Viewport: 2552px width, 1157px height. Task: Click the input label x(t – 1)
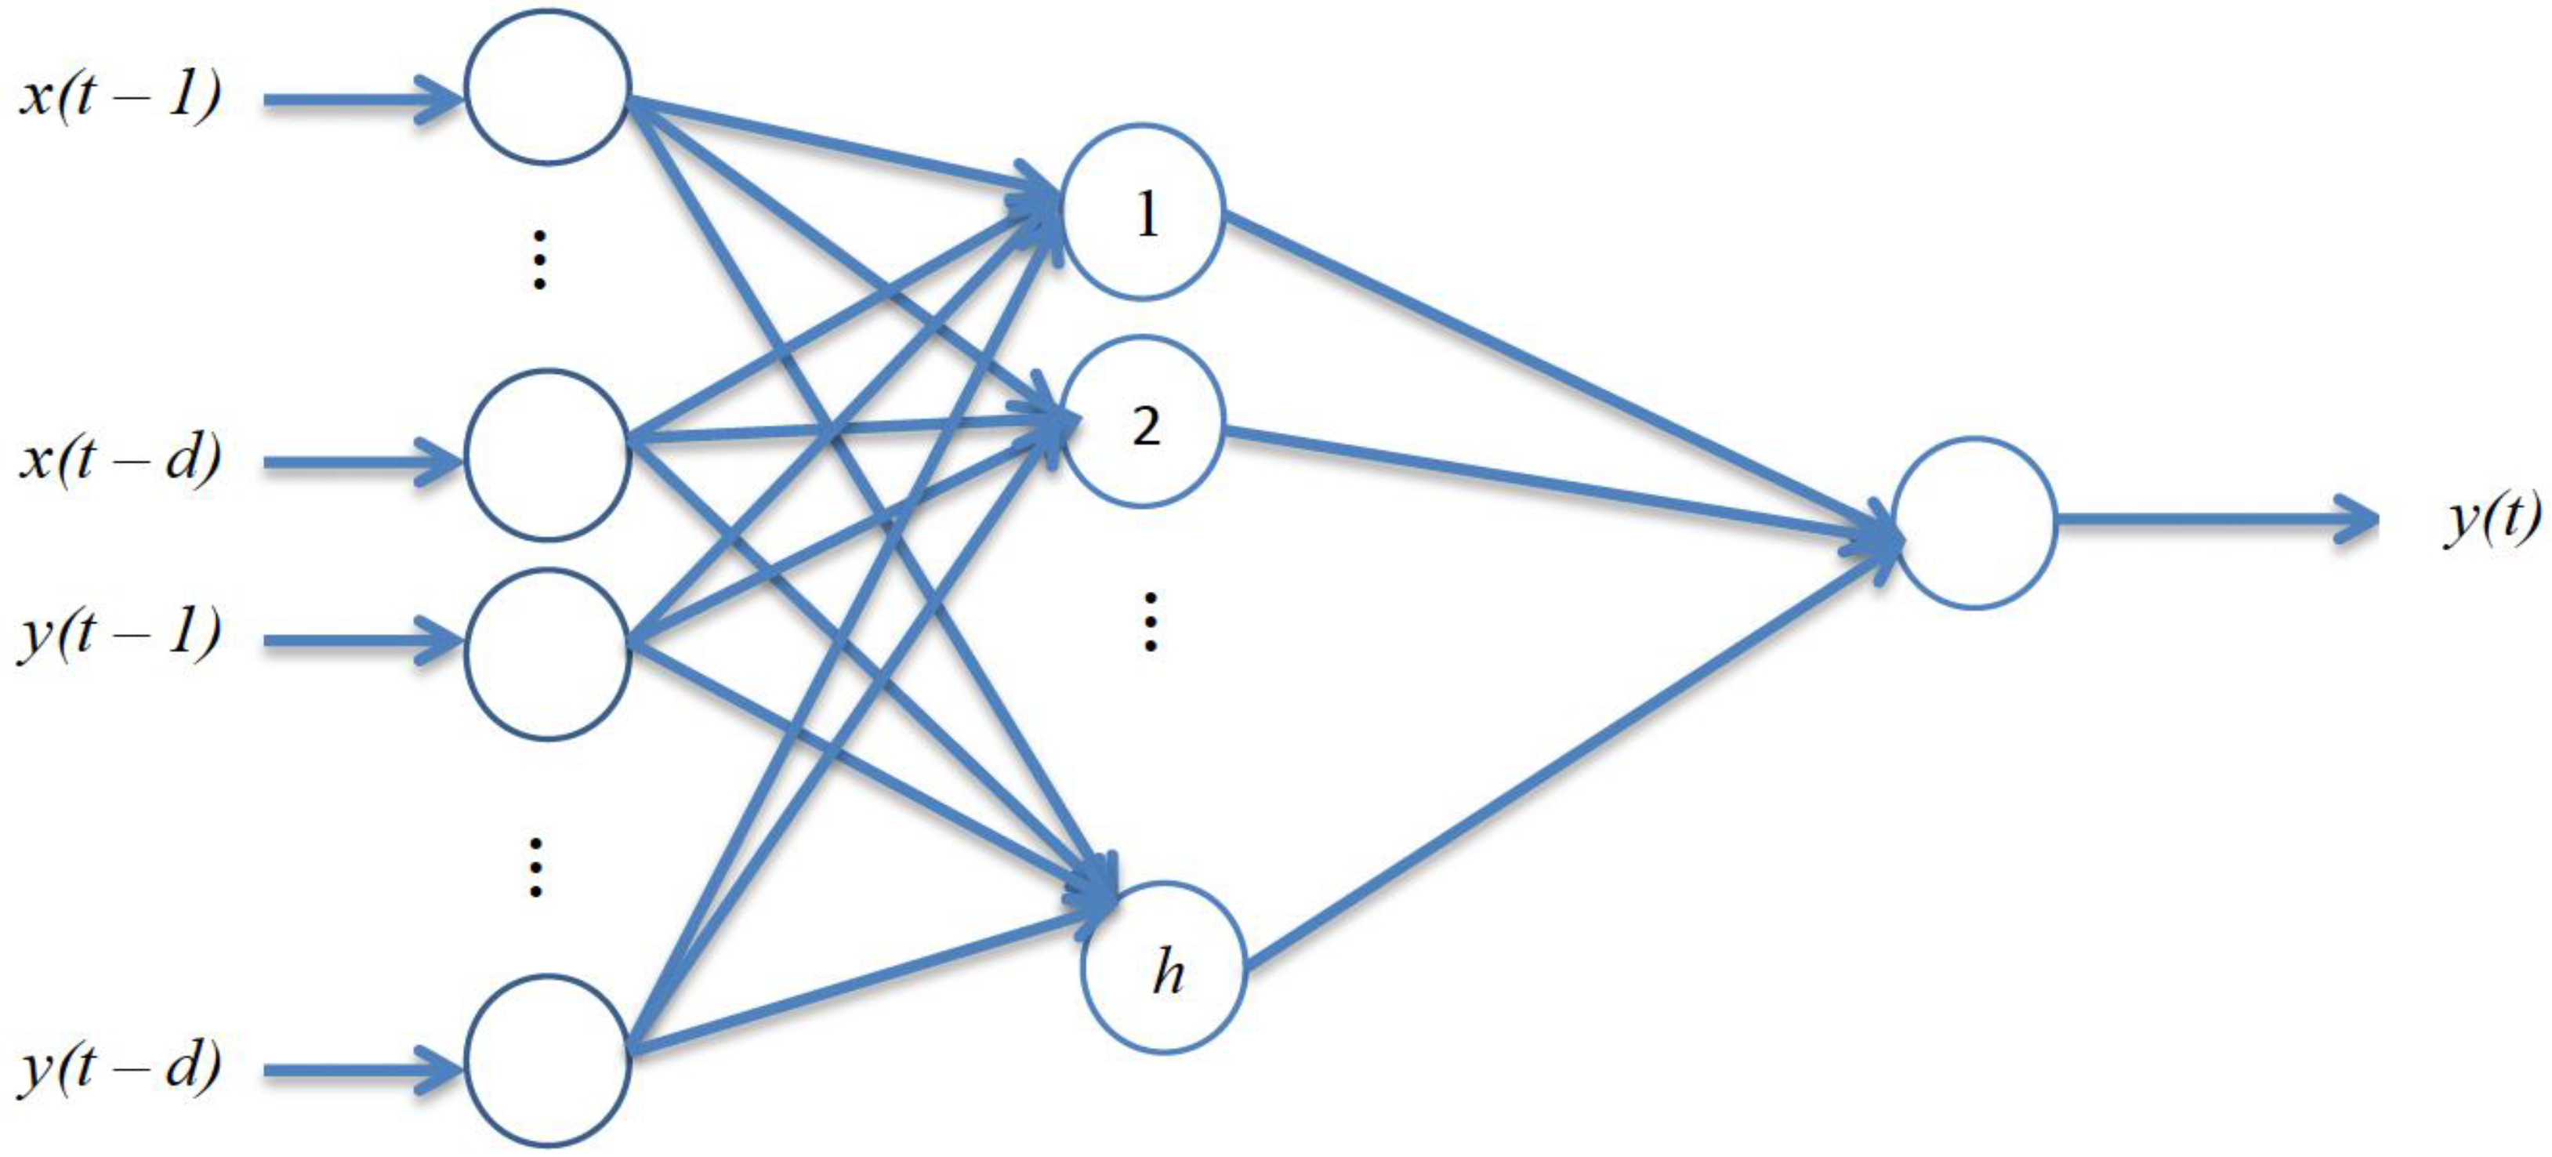[x=120, y=97]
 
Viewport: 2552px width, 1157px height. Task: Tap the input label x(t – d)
[x=120, y=459]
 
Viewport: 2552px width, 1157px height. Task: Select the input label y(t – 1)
[x=120, y=634]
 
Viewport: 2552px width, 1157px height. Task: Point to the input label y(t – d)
[x=120, y=1068]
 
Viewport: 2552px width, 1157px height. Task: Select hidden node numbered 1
[x=1144, y=212]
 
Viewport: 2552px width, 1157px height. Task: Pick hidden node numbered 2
[x=1144, y=423]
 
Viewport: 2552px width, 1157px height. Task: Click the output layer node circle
[x=1974, y=523]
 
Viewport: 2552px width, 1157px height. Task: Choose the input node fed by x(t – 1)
[x=547, y=87]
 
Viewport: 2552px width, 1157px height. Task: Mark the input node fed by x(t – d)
[x=547, y=455]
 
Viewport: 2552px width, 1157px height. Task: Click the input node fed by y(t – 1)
[x=547, y=654]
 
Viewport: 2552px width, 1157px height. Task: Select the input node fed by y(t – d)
[x=547, y=1060]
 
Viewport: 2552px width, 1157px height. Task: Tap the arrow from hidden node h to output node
[x=1565, y=753]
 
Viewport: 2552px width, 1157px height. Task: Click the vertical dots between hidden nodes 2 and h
[x=1149, y=622]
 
